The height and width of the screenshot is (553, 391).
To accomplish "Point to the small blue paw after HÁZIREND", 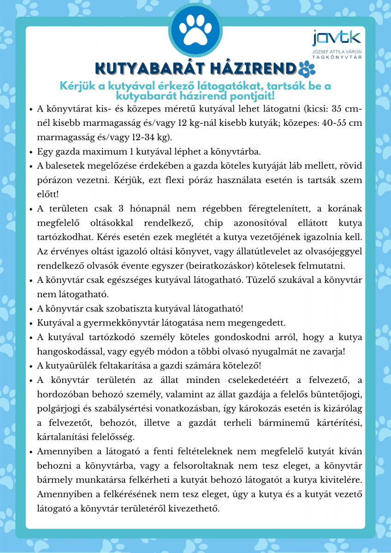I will [x=306, y=68].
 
